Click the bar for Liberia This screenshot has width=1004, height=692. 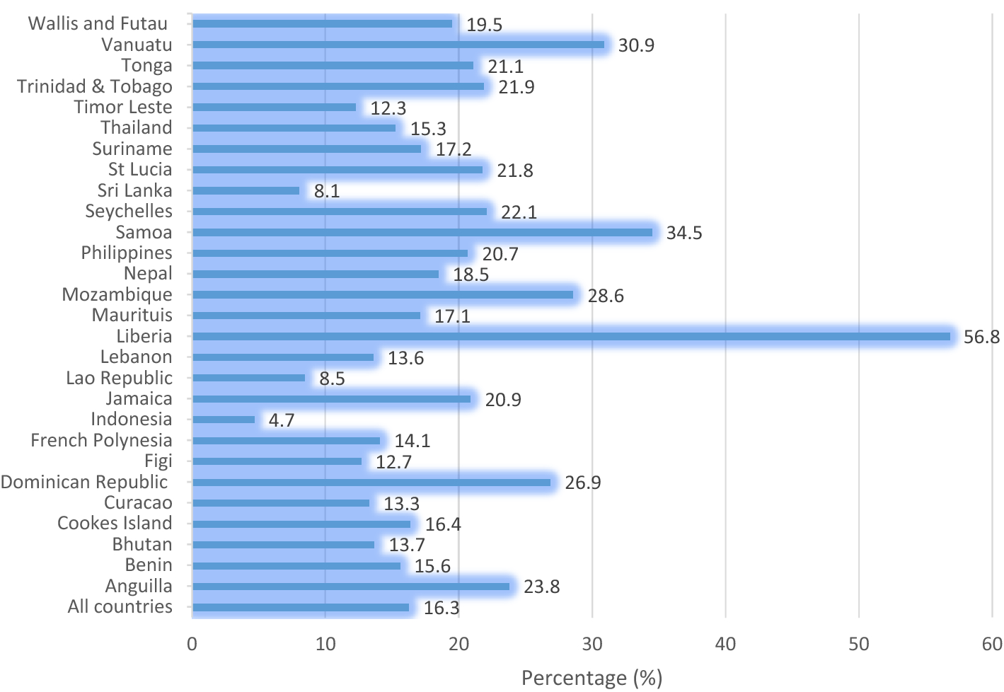click(571, 337)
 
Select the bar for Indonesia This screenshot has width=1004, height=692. click(224, 420)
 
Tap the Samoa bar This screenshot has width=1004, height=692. click(422, 232)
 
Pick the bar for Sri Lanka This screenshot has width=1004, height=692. click(246, 190)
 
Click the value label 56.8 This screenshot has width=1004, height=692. click(981, 338)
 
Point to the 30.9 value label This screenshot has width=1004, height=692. click(636, 45)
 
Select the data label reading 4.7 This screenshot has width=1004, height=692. click(282, 420)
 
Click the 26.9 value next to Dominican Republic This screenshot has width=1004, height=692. click(583, 483)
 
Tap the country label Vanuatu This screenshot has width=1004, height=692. click(137, 45)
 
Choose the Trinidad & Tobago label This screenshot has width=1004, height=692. click(95, 86)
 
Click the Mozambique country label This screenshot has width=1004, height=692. click(117, 294)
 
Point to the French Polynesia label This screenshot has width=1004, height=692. click(101, 440)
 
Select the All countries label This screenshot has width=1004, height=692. click(120, 606)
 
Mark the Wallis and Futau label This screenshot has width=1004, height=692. click(98, 23)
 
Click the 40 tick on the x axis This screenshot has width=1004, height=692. click(725, 644)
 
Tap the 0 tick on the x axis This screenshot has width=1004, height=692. click(192, 644)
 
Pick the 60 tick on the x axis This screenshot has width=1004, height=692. click(992, 644)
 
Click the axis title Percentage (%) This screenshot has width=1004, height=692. click(592, 679)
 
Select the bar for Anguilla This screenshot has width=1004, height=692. click(351, 586)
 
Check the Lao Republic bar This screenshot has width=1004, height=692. click(248, 378)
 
